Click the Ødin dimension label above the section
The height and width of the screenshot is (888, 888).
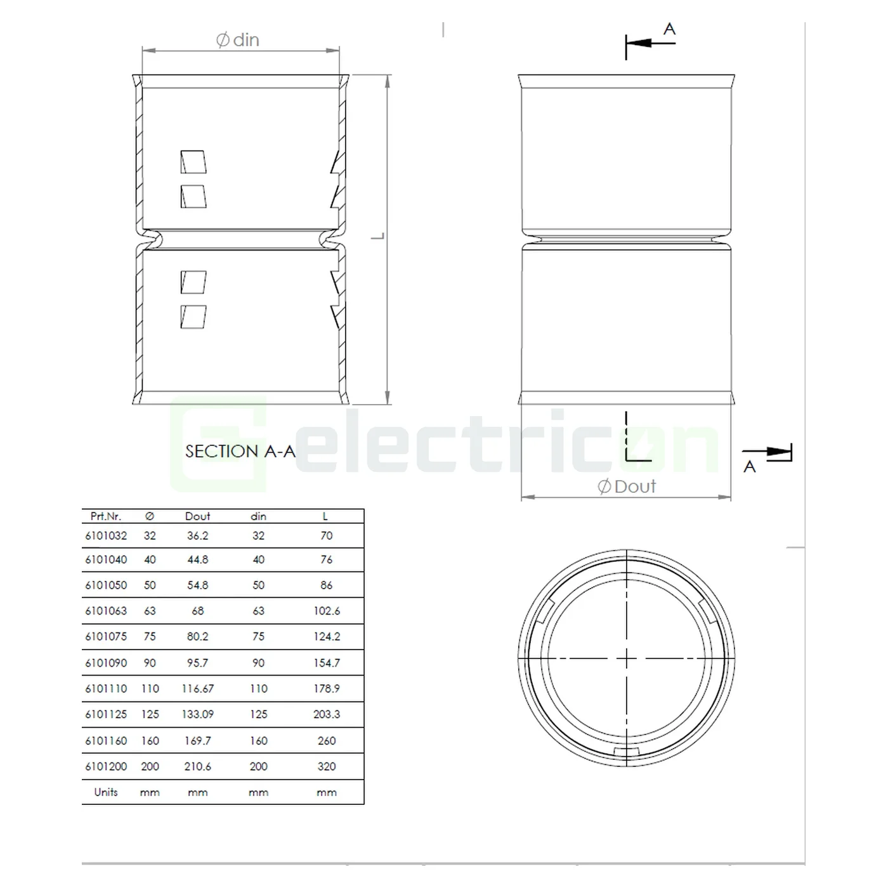pyautogui.click(x=238, y=40)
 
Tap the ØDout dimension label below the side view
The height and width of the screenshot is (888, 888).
pyautogui.click(x=627, y=486)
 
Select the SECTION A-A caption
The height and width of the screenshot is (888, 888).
pyautogui.click(x=240, y=451)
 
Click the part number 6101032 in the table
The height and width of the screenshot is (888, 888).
pyautogui.click(x=106, y=536)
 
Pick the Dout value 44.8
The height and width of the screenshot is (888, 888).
pyautogui.click(x=197, y=560)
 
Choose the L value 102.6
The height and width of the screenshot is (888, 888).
pyautogui.click(x=327, y=611)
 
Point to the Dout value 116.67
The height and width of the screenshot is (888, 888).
pyautogui.click(x=197, y=689)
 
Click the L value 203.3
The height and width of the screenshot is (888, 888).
pyautogui.click(x=327, y=714)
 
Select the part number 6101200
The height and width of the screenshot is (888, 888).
pyautogui.click(x=106, y=766)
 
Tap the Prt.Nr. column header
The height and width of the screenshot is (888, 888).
pyautogui.click(x=106, y=516)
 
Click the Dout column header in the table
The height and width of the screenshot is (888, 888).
pyautogui.click(x=197, y=516)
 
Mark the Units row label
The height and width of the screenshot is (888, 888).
pyautogui.click(x=106, y=792)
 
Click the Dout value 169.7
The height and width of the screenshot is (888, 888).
pyautogui.click(x=197, y=741)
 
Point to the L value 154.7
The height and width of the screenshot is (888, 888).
pyautogui.click(x=327, y=663)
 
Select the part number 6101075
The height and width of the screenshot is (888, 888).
pyautogui.click(x=106, y=636)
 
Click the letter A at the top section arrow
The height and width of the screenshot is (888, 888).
pyautogui.click(x=669, y=29)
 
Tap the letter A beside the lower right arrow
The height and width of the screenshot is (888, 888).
pyautogui.click(x=750, y=467)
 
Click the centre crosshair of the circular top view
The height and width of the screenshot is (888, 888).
pyautogui.click(x=627, y=660)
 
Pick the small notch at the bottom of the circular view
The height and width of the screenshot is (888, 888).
pyautogui.click(x=627, y=752)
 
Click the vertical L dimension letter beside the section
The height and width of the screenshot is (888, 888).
pyautogui.click(x=378, y=237)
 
